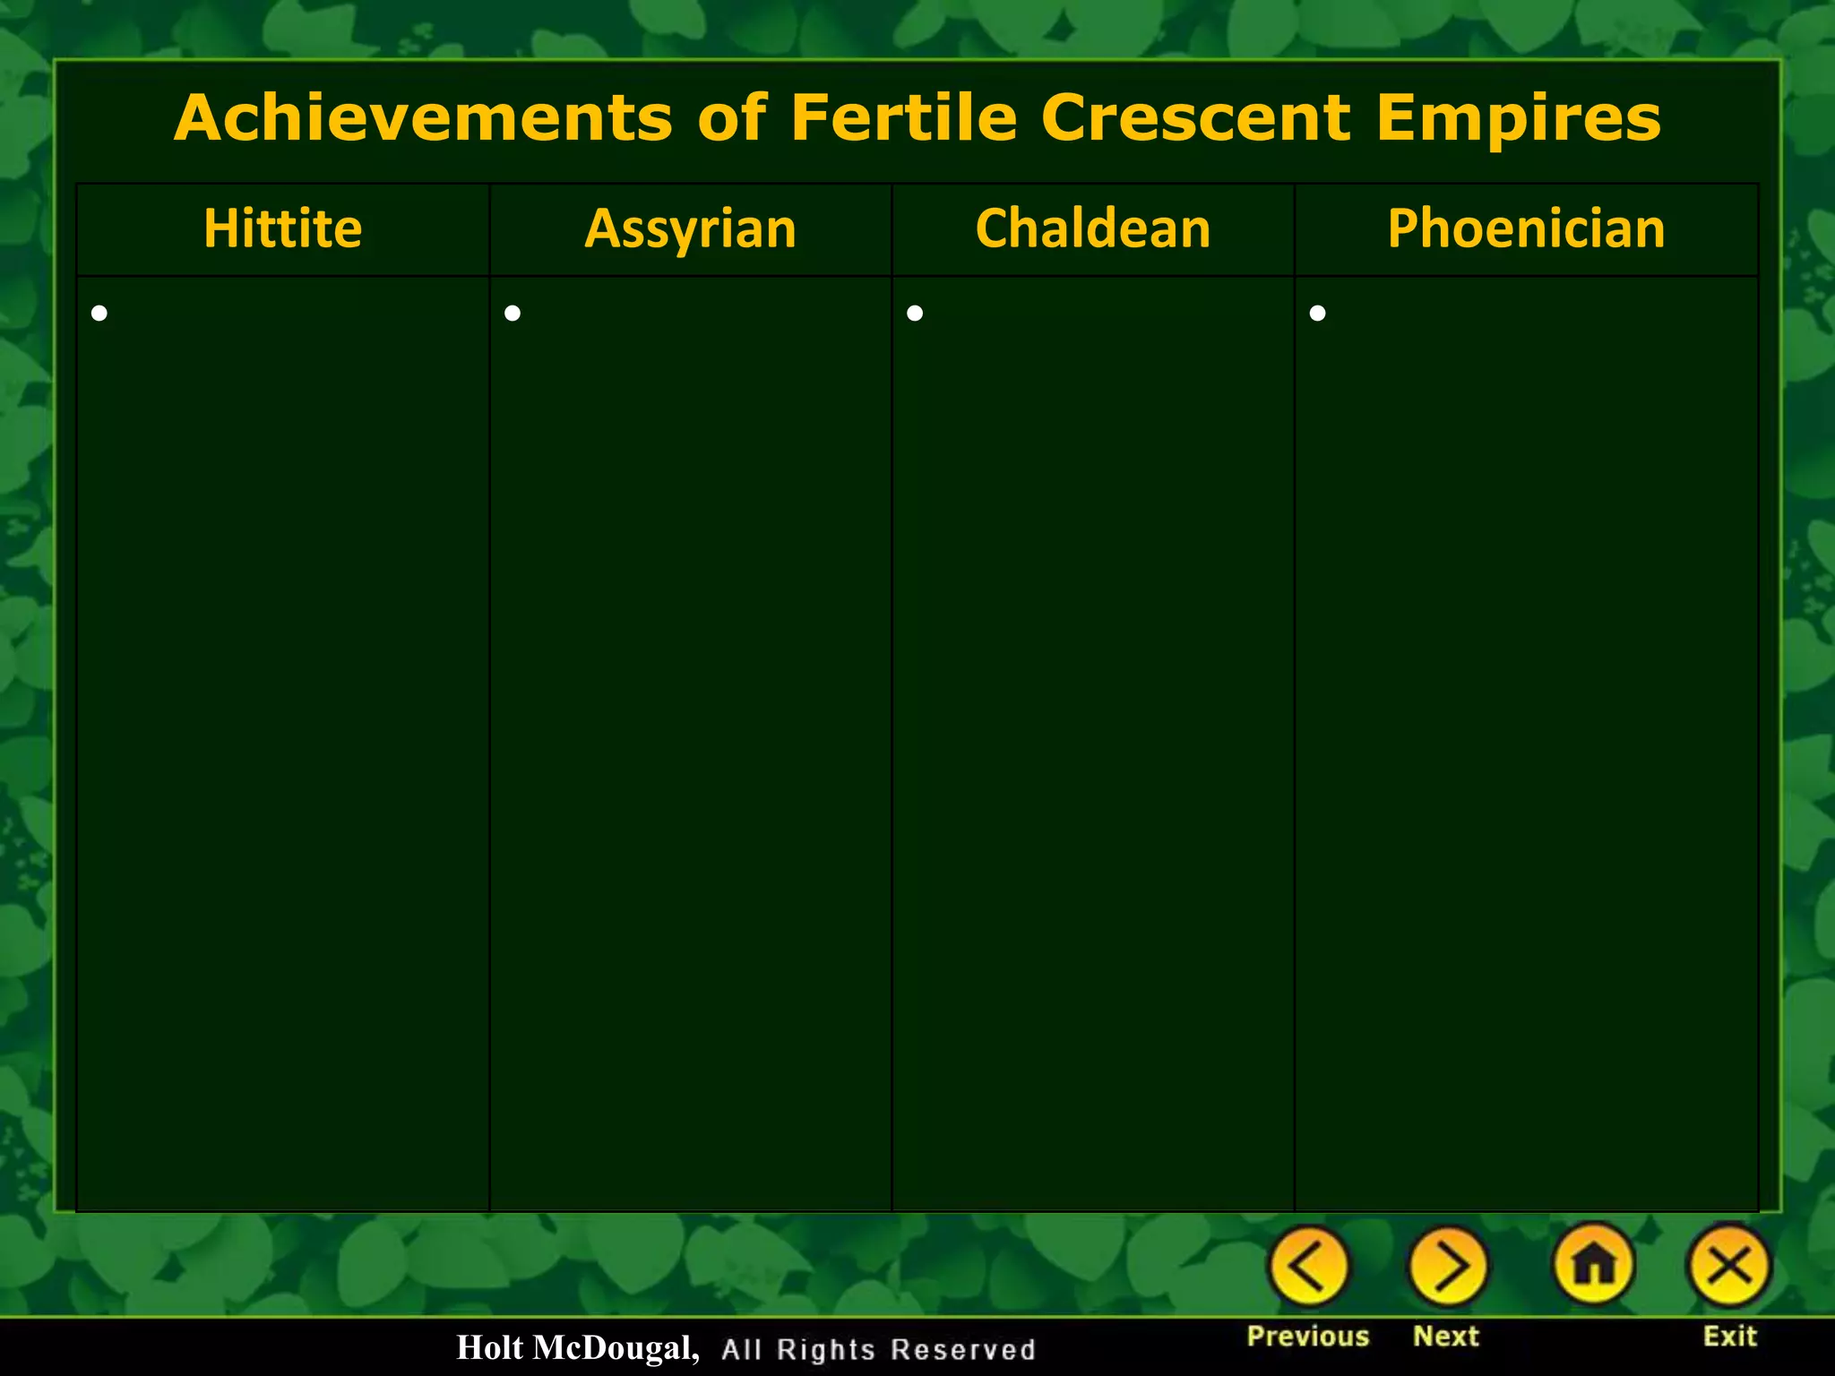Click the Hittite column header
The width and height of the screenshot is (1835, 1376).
click(x=282, y=228)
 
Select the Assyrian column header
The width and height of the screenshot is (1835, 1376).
click(x=690, y=228)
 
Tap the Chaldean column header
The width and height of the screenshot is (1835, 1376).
click(x=1092, y=228)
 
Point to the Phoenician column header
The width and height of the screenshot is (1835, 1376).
click(x=1526, y=228)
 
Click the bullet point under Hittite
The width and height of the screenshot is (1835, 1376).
click(x=99, y=313)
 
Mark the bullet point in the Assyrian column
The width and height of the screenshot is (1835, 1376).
click(x=513, y=313)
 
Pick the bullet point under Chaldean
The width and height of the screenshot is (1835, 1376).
click(x=915, y=313)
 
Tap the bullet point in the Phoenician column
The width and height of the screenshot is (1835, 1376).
click(x=1317, y=313)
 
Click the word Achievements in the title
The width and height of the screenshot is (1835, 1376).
click(x=423, y=117)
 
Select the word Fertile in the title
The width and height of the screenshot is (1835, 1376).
click(x=904, y=117)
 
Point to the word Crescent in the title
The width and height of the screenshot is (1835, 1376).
click(x=1196, y=117)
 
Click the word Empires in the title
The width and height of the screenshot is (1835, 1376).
click(x=1519, y=117)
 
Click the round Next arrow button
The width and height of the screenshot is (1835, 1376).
click(x=1448, y=1266)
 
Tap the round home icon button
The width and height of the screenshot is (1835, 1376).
click(x=1594, y=1264)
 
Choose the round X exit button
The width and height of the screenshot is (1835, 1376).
click(x=1729, y=1266)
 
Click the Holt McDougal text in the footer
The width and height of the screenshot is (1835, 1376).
click(x=577, y=1347)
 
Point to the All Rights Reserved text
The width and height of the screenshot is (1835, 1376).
click(x=878, y=1349)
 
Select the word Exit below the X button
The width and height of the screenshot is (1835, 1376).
click(x=1729, y=1336)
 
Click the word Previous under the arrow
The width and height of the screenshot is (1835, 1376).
click(x=1308, y=1336)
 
